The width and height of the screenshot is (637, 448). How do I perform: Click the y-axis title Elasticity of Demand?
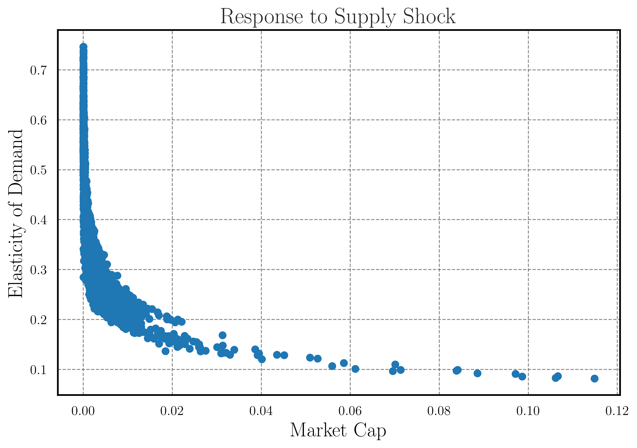point(16,213)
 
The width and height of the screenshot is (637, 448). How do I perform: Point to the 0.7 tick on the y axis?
point(38,71)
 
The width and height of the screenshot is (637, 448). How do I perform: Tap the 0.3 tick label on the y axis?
point(38,270)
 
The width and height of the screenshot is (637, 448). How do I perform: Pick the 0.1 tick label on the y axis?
point(38,370)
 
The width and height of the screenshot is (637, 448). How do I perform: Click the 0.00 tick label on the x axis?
point(83,411)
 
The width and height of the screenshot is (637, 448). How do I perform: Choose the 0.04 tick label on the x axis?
point(261,411)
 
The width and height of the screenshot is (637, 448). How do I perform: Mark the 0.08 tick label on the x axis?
point(439,411)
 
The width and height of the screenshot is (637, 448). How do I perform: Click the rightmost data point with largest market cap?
point(594,378)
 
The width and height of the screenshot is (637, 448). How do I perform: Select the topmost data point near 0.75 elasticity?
point(83,47)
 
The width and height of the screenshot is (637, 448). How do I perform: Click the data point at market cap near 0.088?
point(477,373)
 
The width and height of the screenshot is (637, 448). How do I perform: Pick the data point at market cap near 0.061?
point(355,369)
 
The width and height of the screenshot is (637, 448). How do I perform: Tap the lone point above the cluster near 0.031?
point(222,335)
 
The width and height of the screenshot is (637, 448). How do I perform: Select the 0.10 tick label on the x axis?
point(528,411)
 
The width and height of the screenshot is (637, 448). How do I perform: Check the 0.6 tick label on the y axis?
point(38,120)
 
